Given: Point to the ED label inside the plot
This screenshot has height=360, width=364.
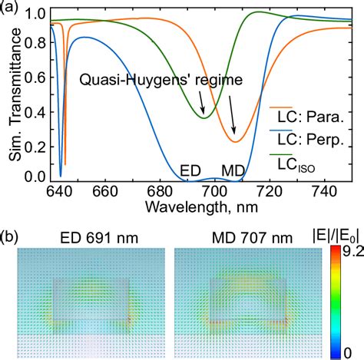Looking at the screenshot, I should (x=190, y=169).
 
